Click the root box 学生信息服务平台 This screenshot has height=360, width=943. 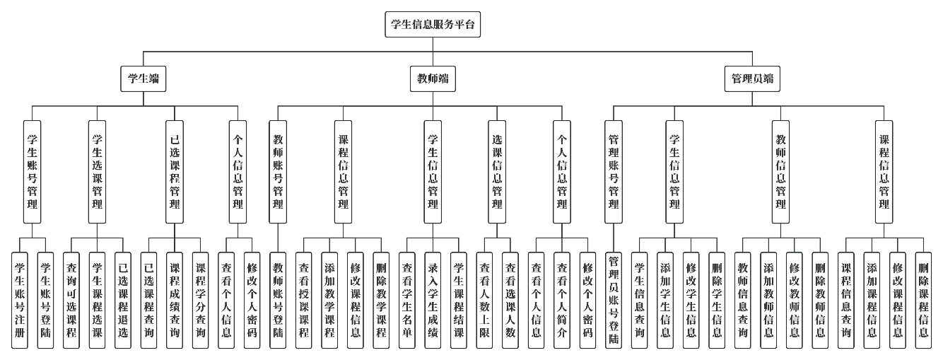(433, 25)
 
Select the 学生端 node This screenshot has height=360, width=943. (143, 79)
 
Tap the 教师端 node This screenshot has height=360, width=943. (433, 79)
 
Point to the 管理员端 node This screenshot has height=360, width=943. (753, 79)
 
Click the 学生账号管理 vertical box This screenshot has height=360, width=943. (32, 171)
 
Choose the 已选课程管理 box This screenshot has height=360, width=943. (175, 171)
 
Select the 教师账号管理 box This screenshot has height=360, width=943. (279, 171)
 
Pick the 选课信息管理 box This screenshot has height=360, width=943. (497, 171)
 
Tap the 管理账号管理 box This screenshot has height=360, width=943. (614, 171)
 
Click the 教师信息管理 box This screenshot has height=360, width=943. (781, 171)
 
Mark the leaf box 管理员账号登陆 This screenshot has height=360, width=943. (614, 301)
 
